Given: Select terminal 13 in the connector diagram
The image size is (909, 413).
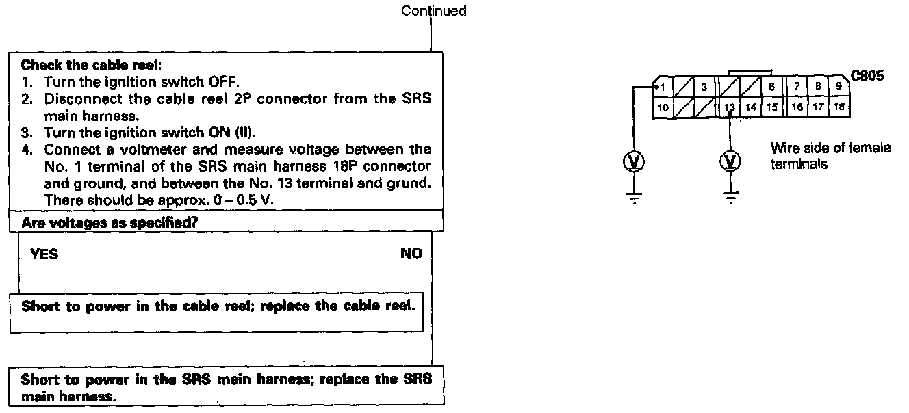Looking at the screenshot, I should tap(730, 107).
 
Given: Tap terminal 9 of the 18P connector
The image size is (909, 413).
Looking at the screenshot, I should tap(838, 87).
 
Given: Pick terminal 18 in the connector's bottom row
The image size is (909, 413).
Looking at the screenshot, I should tap(838, 107).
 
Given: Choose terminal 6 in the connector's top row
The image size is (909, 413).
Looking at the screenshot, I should tap(771, 87).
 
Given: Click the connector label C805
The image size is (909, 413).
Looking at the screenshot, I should tap(867, 77).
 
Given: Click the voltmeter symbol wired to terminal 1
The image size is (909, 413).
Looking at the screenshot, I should tap(635, 161).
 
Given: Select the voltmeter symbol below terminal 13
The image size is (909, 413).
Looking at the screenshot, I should tap(731, 161).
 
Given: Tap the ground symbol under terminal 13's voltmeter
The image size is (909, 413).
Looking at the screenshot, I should tap(731, 198).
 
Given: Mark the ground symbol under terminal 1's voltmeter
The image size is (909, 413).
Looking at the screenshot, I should tap(635, 198).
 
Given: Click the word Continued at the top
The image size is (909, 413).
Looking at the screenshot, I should tap(433, 11).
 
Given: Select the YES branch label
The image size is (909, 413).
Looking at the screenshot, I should tap(44, 254).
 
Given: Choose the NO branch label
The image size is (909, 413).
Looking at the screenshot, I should tap(411, 254).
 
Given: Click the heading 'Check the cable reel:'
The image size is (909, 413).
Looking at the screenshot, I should tap(91, 66).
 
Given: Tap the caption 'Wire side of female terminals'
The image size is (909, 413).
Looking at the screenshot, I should tap(830, 156).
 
